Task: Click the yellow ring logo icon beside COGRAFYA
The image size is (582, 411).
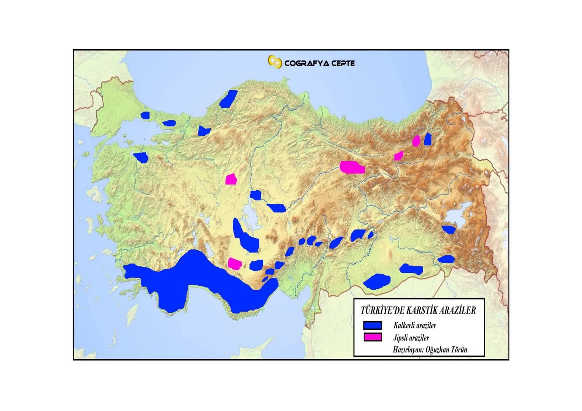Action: (x=275, y=62)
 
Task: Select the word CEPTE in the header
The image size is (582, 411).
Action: (x=342, y=63)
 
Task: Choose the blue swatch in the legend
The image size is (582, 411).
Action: (x=372, y=325)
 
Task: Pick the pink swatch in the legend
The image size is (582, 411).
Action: (x=372, y=337)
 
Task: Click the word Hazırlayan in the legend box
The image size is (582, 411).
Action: (x=408, y=350)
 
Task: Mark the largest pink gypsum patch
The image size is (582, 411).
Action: (x=352, y=167)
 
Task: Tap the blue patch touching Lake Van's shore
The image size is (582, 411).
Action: (x=449, y=229)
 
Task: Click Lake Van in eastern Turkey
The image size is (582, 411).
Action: (x=453, y=219)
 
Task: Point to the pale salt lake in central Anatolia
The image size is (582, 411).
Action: (x=245, y=209)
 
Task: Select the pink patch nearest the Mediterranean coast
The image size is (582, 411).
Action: (x=234, y=263)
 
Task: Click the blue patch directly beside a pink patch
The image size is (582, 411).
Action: (x=427, y=139)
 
